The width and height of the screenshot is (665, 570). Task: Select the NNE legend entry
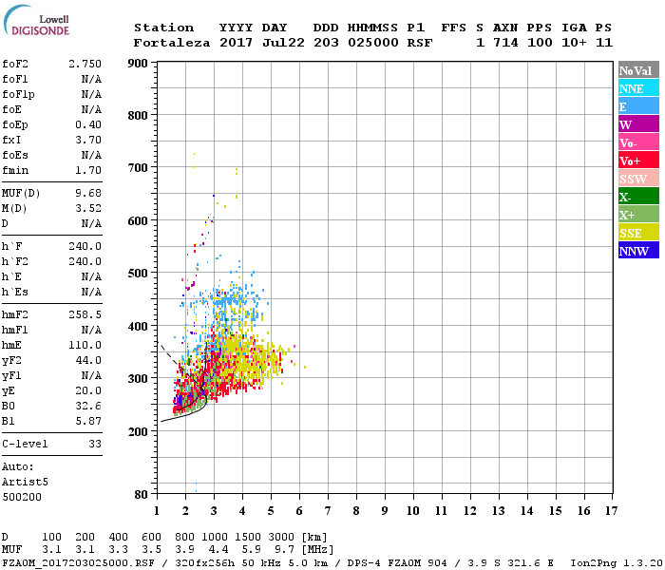(x=632, y=88)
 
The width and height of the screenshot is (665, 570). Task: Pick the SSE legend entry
(x=632, y=233)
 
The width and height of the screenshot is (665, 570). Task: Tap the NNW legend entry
(x=634, y=251)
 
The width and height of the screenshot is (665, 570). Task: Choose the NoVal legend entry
(x=636, y=70)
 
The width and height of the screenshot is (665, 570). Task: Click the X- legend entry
(x=625, y=197)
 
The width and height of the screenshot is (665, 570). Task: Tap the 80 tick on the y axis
(x=140, y=494)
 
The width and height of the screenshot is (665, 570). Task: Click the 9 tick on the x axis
(x=384, y=510)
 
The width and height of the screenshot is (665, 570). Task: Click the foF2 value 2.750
(x=85, y=63)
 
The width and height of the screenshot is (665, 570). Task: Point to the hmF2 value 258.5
(x=85, y=313)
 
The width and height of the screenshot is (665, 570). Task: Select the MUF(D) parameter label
(x=21, y=194)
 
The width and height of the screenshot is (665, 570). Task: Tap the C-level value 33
(x=94, y=444)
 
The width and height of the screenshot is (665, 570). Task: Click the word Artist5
(x=22, y=482)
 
